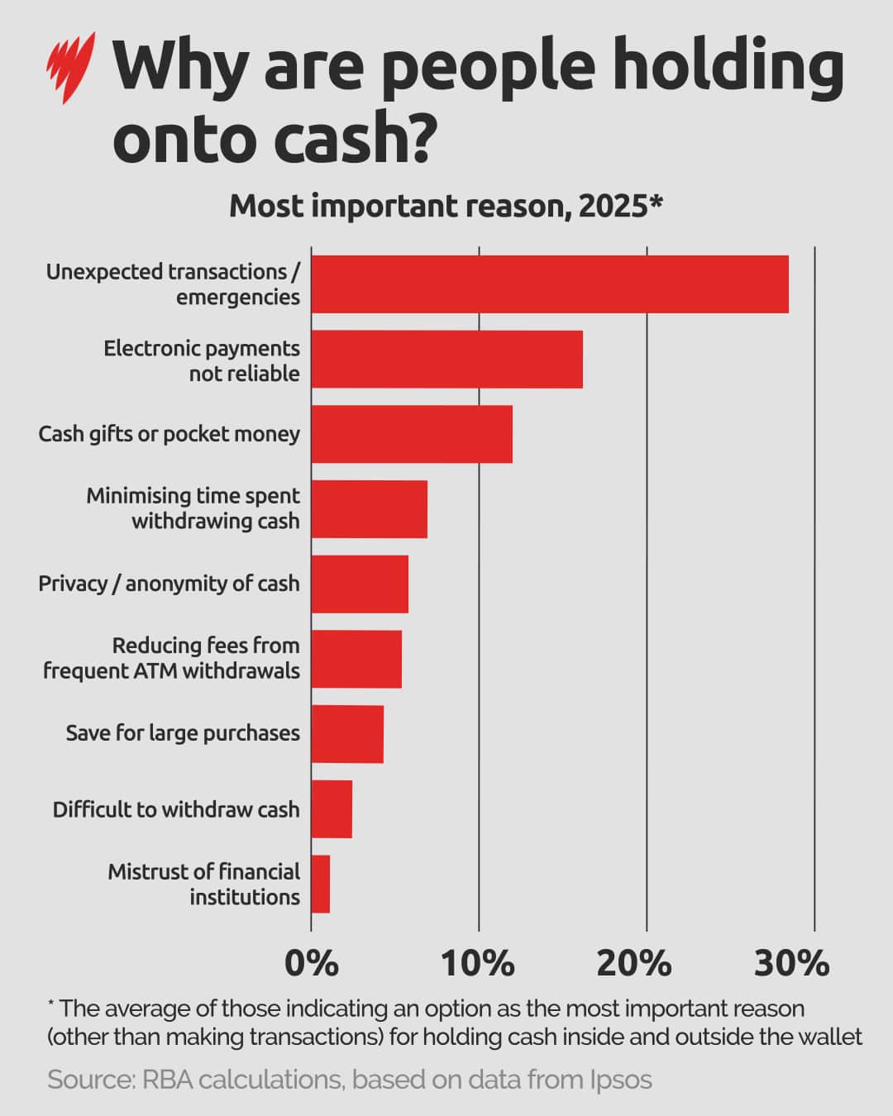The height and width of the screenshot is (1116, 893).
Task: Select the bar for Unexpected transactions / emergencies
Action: [550, 284]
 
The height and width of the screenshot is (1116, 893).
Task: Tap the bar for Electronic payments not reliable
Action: [446, 360]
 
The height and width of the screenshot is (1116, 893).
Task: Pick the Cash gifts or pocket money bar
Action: [412, 434]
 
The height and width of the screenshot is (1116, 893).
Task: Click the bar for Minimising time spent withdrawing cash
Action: [369, 509]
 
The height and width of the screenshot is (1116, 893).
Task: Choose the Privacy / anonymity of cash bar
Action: [360, 584]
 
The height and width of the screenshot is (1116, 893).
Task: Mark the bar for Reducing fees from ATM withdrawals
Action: [356, 659]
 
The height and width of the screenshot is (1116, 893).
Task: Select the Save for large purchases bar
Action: [347, 734]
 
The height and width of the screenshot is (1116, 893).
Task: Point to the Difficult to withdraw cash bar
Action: [332, 809]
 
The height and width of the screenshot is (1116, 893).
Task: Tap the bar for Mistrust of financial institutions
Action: [321, 884]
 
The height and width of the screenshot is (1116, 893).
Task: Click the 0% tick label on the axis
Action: [312, 964]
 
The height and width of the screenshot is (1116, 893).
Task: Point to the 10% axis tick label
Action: [479, 964]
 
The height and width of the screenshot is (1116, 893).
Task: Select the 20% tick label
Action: [634, 964]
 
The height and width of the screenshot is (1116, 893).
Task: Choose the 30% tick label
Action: [791, 964]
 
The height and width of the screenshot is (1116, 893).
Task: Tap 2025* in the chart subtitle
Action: [621, 206]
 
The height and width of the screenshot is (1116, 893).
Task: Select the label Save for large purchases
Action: [183, 733]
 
